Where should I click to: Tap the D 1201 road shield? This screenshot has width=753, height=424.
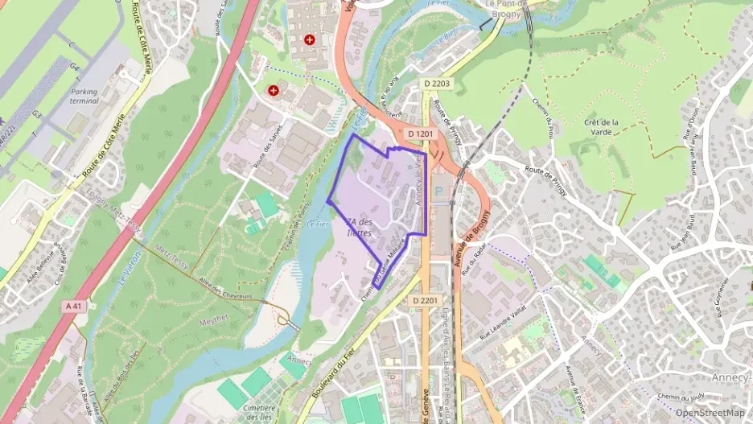coord(422,134)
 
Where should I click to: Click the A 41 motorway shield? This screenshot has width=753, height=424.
coord(73,306)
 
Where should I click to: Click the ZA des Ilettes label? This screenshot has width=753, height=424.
coord(358,228)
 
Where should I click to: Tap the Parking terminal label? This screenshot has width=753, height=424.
coord(84,97)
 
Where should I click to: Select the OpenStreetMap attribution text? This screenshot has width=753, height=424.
coord(710,413)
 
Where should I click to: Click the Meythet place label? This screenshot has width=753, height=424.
coord(212,321)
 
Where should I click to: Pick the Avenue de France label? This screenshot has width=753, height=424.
coord(574,385)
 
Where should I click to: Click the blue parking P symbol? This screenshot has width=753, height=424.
coord(439,191)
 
